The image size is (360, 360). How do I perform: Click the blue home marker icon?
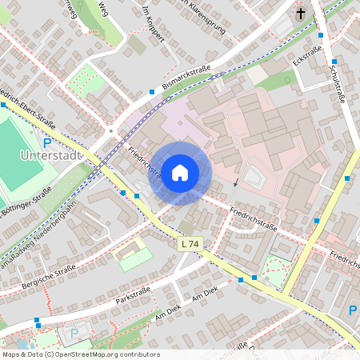coord(180,172)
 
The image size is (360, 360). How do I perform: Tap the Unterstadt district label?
coord(51,155)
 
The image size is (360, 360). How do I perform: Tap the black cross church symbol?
coord(302,14)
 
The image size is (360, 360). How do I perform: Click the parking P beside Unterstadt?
coord(47,142)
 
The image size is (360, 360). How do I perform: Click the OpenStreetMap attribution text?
coord(80,354)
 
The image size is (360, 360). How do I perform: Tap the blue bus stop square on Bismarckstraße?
coord(152,92)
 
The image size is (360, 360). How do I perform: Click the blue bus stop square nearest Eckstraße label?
coord(320,35)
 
